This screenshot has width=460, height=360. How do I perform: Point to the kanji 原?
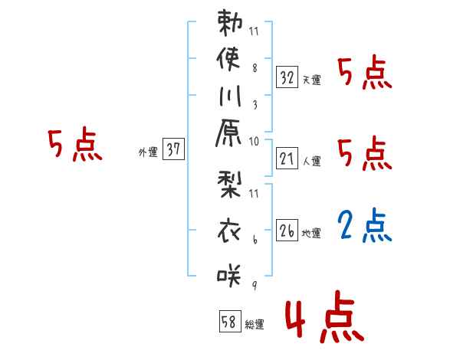(x=229, y=138)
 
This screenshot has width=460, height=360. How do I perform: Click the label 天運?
(x=311, y=80)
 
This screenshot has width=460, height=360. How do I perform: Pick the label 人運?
(x=311, y=162)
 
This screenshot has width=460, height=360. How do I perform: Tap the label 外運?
(x=147, y=152)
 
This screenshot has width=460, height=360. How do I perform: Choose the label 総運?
(x=255, y=325)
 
